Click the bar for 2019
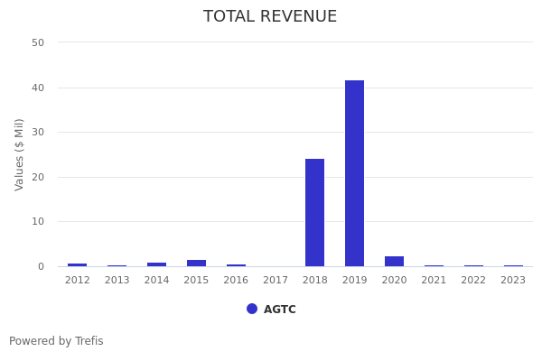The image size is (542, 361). click(354, 173)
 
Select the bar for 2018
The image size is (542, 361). click(314, 212)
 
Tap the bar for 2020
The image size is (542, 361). click(394, 261)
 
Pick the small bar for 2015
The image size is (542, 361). click(196, 263)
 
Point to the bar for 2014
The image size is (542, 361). click(156, 264)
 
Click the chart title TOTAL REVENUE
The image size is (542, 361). click(270, 17)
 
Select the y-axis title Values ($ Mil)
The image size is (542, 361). click(20, 154)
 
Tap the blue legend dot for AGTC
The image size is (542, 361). click(252, 309)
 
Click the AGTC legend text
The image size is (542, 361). click(280, 310)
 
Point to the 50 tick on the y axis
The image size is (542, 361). click(38, 42)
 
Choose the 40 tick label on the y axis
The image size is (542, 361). click(38, 88)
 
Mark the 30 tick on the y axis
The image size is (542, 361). click(38, 132)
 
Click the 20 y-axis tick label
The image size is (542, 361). click(38, 177)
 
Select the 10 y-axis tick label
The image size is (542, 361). click(38, 221)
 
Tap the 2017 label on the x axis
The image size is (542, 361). click(276, 281)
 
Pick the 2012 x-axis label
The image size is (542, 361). click(78, 281)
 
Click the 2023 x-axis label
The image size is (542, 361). click(513, 281)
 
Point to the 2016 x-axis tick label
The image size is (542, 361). click(236, 281)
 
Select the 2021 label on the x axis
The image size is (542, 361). click(434, 281)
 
